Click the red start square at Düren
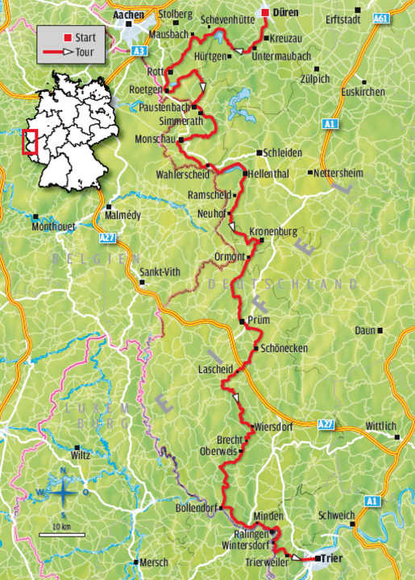point(265,13)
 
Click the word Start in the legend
point(85,37)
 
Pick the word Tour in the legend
point(83,51)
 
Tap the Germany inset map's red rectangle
point(30,140)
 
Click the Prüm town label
point(258,321)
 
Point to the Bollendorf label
point(197,509)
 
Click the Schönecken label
point(282,349)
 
